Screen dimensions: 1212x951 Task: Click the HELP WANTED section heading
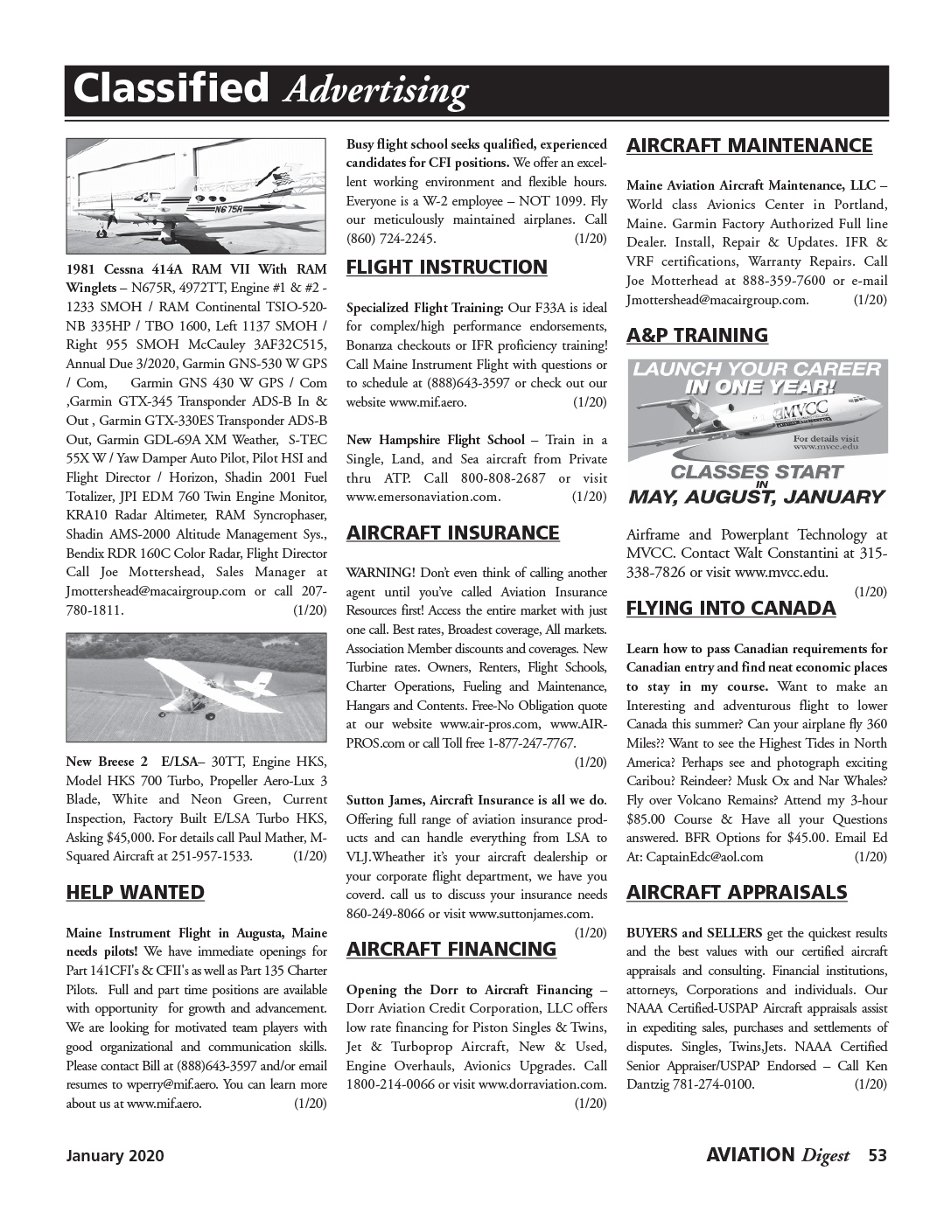(x=135, y=892)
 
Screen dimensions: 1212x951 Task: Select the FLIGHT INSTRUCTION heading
(x=446, y=268)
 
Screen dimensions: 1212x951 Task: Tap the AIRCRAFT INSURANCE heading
(x=452, y=533)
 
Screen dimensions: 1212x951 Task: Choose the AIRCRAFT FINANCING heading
(x=451, y=949)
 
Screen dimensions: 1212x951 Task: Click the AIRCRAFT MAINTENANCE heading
(x=749, y=145)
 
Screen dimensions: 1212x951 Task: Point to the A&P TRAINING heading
(x=696, y=335)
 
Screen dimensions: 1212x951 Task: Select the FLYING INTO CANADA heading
(x=731, y=608)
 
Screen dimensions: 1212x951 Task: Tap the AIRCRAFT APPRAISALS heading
(x=737, y=892)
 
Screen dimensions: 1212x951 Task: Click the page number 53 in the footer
(x=878, y=1155)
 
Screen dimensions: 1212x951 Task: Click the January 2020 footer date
(x=115, y=1156)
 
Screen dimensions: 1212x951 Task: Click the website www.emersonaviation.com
(x=423, y=498)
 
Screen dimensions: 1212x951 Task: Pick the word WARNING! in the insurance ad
(x=381, y=573)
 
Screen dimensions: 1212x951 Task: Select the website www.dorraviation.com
(x=542, y=1084)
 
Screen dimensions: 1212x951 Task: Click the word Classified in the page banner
(x=171, y=89)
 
